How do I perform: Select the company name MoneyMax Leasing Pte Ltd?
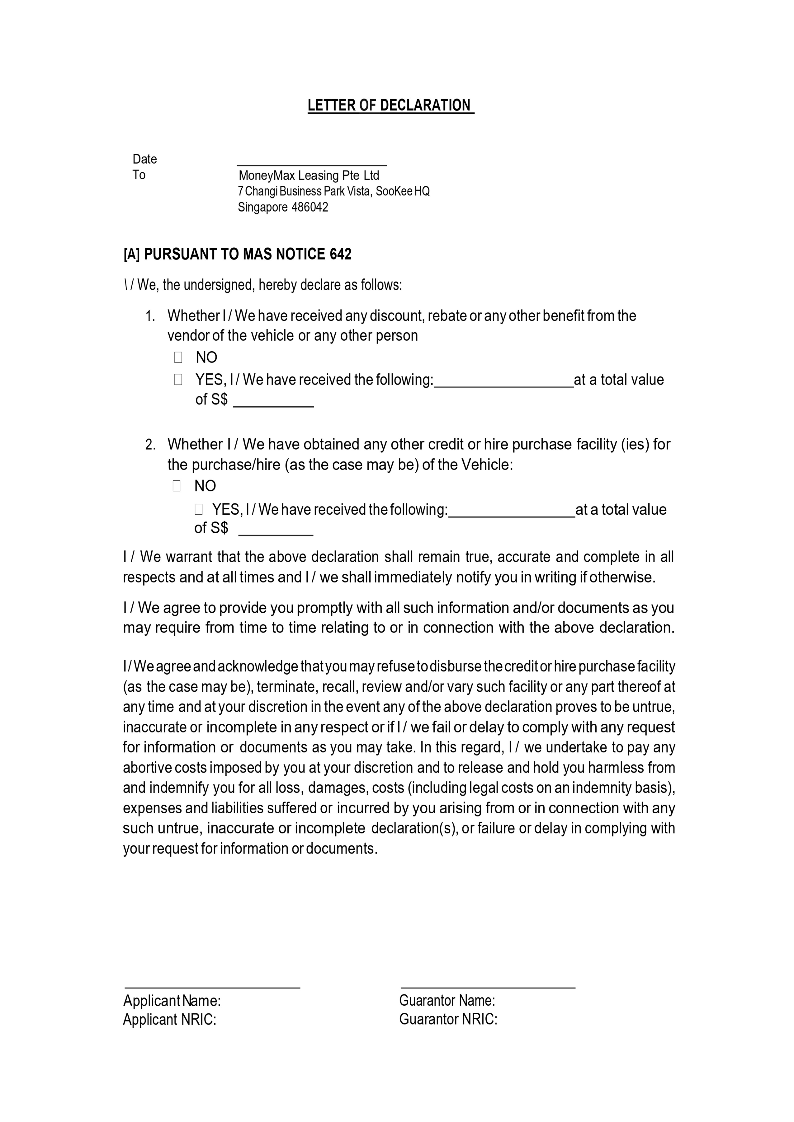(x=309, y=175)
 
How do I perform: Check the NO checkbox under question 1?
(x=178, y=358)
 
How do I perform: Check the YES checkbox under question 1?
(x=178, y=379)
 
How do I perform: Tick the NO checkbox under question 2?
(x=177, y=486)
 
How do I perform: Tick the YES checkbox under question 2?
(x=199, y=510)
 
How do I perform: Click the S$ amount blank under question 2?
(x=276, y=531)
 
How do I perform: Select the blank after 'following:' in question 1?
(x=503, y=383)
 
